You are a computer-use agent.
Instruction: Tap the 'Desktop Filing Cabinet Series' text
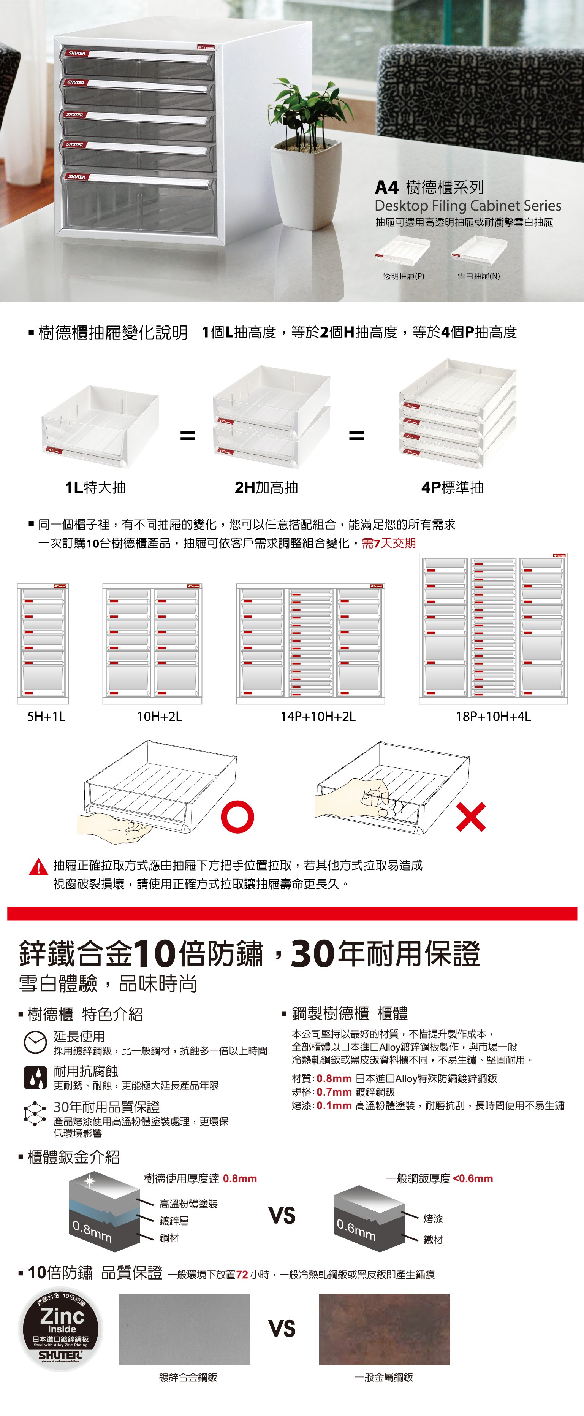pyautogui.click(x=467, y=206)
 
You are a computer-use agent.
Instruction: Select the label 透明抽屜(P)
pyautogui.click(x=403, y=276)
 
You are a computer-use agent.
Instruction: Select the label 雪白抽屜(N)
pyautogui.click(x=478, y=276)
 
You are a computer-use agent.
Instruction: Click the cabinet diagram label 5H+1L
pyautogui.click(x=46, y=716)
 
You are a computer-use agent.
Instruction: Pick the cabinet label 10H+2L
pyautogui.click(x=159, y=716)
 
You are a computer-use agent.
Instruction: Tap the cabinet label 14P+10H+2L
pyautogui.click(x=318, y=716)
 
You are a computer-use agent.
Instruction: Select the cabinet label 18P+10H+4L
pyautogui.click(x=493, y=716)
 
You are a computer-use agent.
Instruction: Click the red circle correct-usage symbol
pyautogui.click(x=237, y=817)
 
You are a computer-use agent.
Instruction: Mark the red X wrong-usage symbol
pyautogui.click(x=471, y=817)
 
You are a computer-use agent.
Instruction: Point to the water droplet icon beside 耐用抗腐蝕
pyautogui.click(x=35, y=1077)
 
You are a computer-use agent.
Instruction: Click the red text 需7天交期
pyautogui.click(x=389, y=544)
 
